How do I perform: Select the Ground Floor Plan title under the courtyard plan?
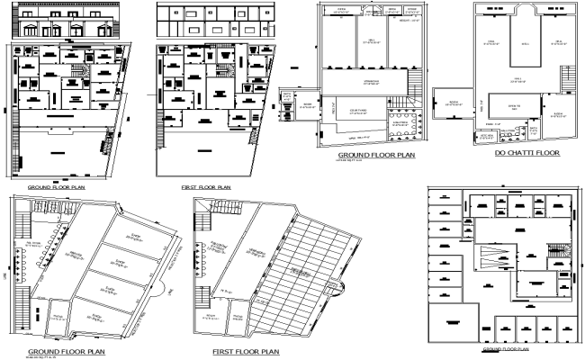point(376,155)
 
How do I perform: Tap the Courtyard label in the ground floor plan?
point(355,112)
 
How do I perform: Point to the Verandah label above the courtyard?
point(370,82)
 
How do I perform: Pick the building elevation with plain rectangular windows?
point(214,24)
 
